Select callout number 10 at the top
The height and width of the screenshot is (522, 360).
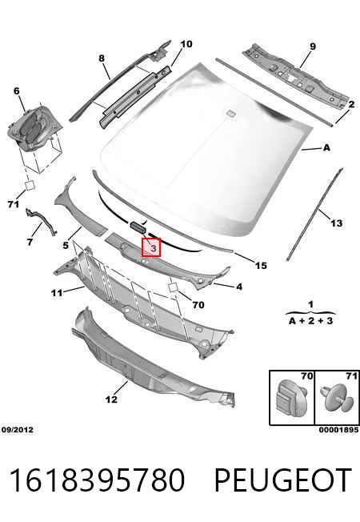[x=186, y=44]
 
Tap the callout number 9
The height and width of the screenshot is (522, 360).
[x=313, y=46]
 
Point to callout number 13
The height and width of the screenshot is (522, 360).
[x=337, y=223]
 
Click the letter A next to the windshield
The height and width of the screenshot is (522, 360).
[x=326, y=147]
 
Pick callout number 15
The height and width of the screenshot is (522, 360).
[x=261, y=265]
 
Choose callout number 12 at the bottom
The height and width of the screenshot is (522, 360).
[x=111, y=400]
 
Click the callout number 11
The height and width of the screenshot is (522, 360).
[x=57, y=293]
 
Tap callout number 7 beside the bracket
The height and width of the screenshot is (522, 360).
[x=30, y=242]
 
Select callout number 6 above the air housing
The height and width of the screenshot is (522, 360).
[x=16, y=91]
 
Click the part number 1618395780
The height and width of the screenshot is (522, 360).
[x=97, y=480]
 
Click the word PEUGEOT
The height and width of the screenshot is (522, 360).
[x=283, y=480]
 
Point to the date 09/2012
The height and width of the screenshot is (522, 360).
[x=18, y=430]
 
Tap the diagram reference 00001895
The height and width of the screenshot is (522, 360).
[x=338, y=430]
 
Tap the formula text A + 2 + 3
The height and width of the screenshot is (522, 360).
[x=310, y=321]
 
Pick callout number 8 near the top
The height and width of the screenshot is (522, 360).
[x=102, y=58]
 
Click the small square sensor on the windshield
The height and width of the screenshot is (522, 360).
[x=230, y=113]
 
